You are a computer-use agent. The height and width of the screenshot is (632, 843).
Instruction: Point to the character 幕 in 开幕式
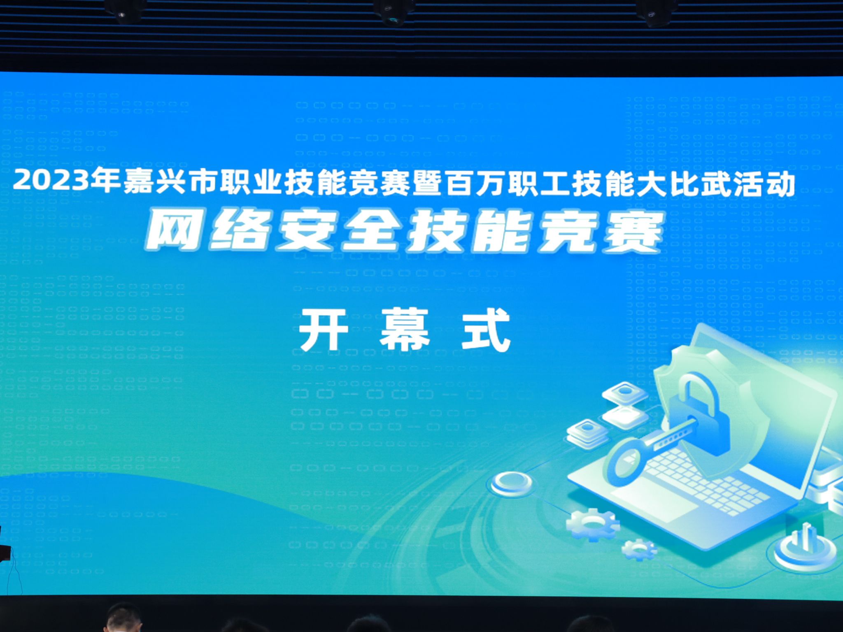click(x=404, y=330)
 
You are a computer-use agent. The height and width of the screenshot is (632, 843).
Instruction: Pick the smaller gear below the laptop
click(x=638, y=549)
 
